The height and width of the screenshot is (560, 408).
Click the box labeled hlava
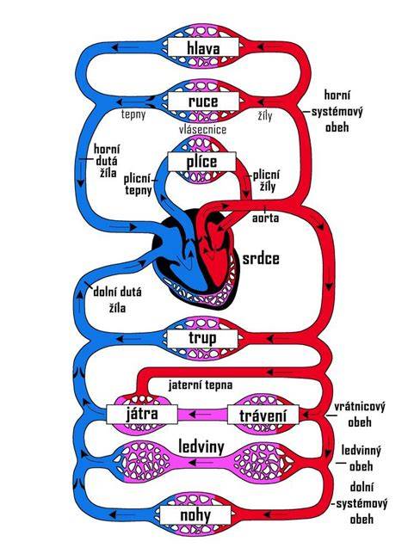coord(203,47)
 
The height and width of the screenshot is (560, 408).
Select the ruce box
coord(203,101)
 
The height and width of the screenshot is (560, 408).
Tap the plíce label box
coord(201,162)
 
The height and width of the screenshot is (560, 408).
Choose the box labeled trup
coord(202,338)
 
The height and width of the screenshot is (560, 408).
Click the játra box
coord(142,415)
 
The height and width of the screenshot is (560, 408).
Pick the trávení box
coord(263,415)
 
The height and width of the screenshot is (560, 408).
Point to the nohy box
coord(195,515)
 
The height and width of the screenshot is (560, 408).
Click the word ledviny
coord(201,446)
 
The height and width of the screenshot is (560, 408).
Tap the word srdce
coord(261,259)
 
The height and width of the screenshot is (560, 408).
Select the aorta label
coord(265,218)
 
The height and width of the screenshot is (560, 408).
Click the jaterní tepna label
coord(201,385)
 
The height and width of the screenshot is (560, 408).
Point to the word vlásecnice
coord(202,129)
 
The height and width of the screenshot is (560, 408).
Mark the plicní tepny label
coord(138,185)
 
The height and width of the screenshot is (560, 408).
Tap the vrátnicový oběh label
coord(360,415)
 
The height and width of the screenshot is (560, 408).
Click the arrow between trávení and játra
coord(199,415)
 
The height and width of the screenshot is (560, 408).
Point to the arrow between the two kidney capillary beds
coord(199,463)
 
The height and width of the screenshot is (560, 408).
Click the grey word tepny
coord(133,114)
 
